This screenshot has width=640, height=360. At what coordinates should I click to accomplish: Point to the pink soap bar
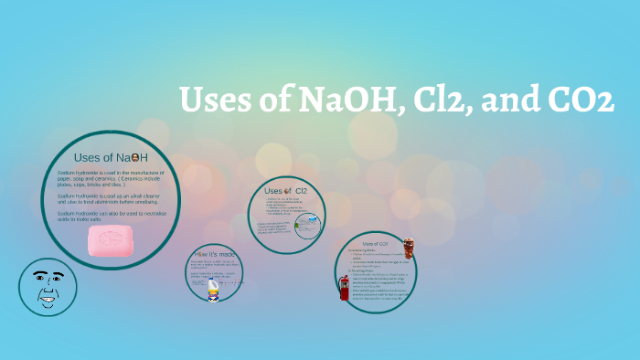pos(112,241)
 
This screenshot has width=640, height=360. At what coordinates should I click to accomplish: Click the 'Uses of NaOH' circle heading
pos(111,157)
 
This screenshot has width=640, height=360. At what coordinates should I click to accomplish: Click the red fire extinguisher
pos(345,286)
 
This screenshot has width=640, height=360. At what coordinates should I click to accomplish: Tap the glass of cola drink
pos(408,249)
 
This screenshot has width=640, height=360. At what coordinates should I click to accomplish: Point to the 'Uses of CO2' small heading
pos(376,244)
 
